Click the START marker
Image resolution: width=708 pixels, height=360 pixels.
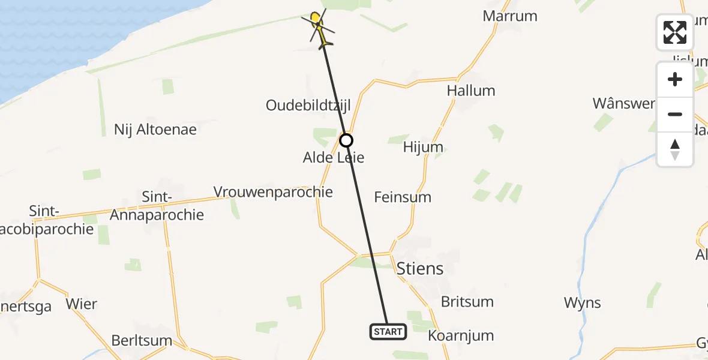pos(388,331)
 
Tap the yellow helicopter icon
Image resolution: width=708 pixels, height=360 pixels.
pos(318,27)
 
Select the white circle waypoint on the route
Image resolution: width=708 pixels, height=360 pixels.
pos(346,140)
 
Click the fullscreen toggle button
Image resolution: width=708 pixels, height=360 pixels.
pos(675,32)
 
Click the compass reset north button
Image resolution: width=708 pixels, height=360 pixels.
pos(675,149)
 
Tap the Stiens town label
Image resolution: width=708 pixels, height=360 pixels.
pos(420,268)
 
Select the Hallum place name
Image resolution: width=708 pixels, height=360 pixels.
pos(471,91)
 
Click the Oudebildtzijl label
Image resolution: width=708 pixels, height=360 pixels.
pos(308,106)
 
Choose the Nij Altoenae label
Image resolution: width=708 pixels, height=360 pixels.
pos(155,129)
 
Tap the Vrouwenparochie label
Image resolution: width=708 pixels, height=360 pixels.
pos(273,192)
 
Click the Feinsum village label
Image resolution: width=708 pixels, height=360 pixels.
pos(402,197)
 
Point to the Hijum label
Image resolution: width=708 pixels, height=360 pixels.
pos(423,147)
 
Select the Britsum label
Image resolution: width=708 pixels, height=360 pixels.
pos(467,301)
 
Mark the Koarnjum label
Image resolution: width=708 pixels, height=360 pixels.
pos(460,335)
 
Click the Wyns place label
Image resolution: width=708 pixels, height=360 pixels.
pos(582,303)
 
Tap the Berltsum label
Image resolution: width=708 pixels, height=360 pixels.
pos(142,341)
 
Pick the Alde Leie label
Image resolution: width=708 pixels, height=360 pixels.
pos(334,158)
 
